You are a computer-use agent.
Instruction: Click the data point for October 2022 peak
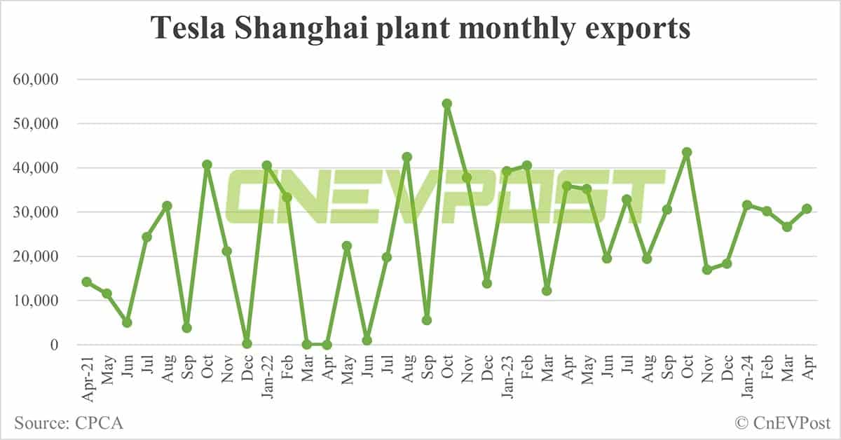(446, 104)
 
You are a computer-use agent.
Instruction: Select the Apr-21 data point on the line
(87, 282)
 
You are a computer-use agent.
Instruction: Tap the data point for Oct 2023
(687, 152)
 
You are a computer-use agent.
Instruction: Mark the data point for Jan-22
(266, 165)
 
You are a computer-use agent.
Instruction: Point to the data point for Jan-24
(746, 205)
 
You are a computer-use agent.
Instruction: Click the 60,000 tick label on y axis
(39, 80)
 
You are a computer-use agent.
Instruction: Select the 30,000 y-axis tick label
(39, 212)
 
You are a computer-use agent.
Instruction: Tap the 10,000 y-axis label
(39, 301)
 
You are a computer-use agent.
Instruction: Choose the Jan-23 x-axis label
(506, 379)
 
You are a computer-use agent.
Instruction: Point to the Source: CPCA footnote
(68, 423)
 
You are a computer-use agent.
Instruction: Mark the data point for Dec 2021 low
(247, 343)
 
